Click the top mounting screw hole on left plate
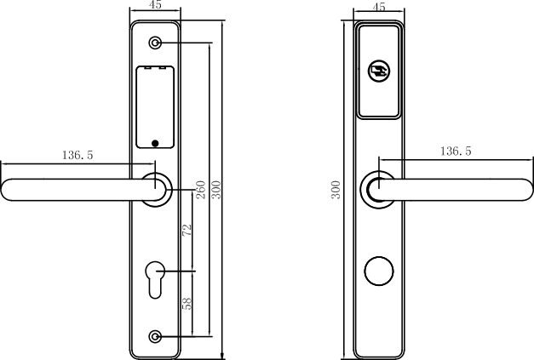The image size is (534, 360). [155, 43]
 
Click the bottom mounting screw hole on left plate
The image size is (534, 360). [155, 336]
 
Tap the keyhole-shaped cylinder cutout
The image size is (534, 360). [155, 280]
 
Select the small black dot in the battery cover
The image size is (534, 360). [155, 143]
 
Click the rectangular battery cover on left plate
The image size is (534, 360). [155, 107]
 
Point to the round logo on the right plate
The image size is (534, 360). [379, 71]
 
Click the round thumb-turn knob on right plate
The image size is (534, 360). [379, 271]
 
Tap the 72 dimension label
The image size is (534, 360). [187, 230]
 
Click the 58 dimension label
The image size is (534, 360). [187, 304]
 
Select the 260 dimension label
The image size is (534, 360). [201, 190]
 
